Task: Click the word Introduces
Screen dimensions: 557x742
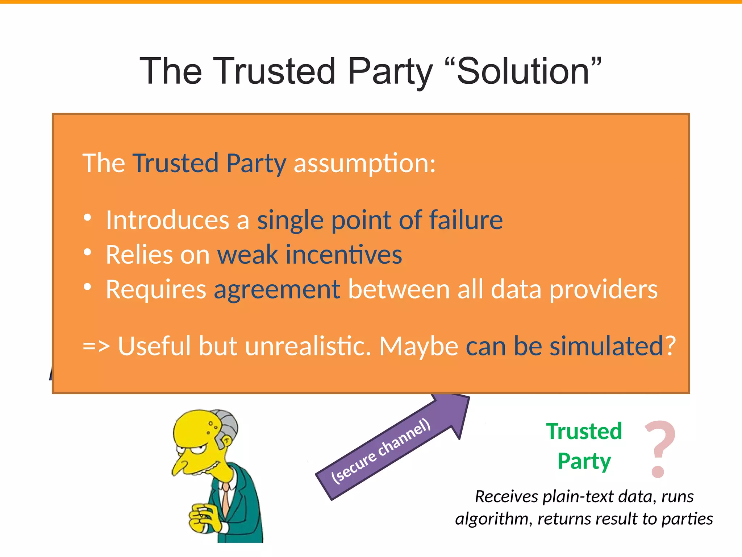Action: [167, 220]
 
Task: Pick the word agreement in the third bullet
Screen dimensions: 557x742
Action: [277, 289]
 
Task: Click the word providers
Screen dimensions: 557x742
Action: [603, 289]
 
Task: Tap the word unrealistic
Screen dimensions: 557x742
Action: [308, 346]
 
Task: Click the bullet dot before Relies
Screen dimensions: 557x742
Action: [87, 252]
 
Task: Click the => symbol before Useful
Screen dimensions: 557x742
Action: [96, 346]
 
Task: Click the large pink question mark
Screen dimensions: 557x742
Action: [659, 448]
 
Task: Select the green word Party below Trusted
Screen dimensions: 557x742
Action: [584, 461]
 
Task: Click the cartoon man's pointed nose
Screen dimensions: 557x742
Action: [178, 468]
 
